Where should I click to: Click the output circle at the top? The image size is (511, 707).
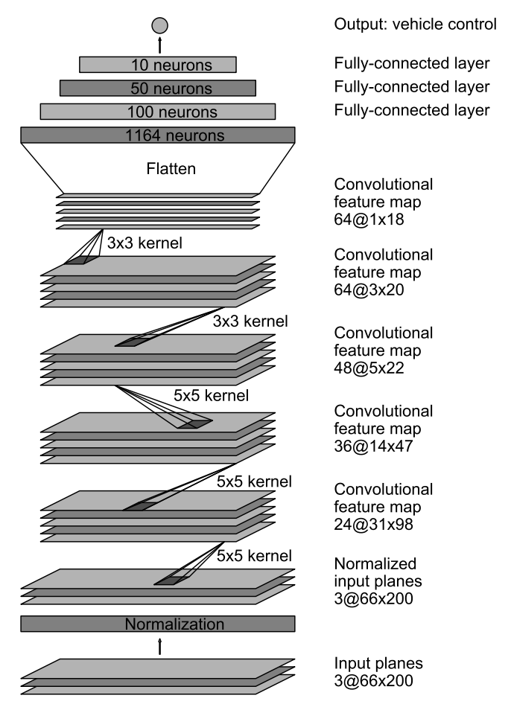[160, 26]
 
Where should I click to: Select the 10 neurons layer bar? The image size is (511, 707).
[157, 65]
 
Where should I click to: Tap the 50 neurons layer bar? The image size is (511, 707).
[157, 88]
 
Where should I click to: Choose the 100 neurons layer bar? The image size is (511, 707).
[157, 112]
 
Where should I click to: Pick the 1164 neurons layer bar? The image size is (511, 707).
[157, 135]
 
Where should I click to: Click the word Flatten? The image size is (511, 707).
[171, 169]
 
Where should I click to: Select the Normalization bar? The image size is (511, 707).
[157, 624]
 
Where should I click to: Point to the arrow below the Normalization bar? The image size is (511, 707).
[160, 646]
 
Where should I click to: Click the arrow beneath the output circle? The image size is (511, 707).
[160, 45]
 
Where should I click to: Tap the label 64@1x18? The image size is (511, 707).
[369, 220]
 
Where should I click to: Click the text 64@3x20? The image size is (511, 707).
[369, 289]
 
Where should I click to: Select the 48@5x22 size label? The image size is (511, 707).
[369, 368]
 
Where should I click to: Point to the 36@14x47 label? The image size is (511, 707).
[373, 446]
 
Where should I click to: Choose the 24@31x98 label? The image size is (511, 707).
[373, 525]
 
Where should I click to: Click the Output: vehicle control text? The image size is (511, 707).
[416, 24]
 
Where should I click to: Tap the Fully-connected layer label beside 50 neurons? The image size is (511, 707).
[412, 86]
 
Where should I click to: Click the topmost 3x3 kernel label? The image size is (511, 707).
[145, 243]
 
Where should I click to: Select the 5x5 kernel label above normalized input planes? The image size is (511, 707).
[254, 555]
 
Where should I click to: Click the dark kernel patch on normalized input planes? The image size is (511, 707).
[171, 580]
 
